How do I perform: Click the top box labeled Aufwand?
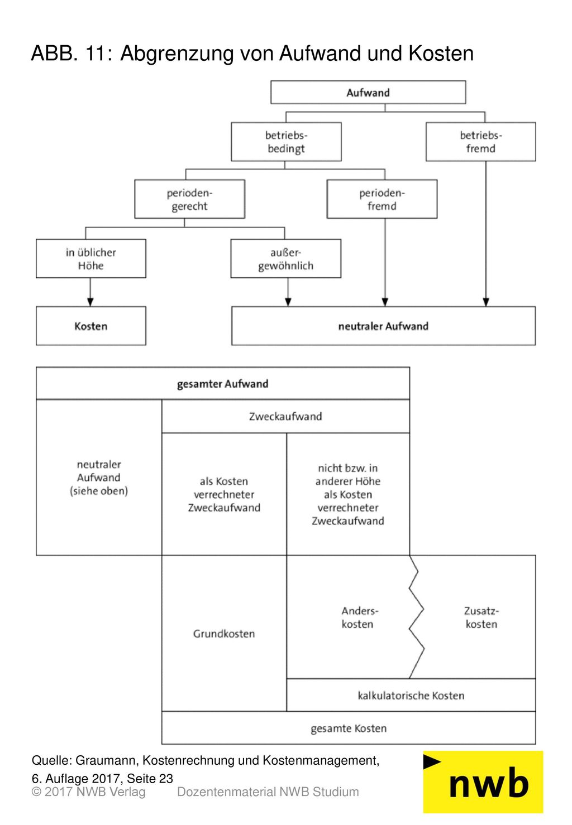tap(368, 92)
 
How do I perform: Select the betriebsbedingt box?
tap(286, 142)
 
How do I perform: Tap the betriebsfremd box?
tap(480, 142)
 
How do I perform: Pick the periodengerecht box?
tap(189, 199)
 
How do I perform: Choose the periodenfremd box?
tap(382, 199)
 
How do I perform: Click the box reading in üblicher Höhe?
tap(90, 259)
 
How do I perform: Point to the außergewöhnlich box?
tap(286, 259)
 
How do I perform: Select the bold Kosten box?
tap(90, 326)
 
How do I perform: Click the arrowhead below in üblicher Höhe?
tap(90, 302)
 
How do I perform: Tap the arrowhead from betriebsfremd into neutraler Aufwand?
tap(486, 302)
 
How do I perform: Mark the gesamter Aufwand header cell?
tap(223, 383)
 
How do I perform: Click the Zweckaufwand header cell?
tap(285, 416)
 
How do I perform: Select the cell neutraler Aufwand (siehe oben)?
tap(99, 477)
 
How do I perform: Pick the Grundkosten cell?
tap(224, 634)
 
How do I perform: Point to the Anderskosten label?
tap(357, 617)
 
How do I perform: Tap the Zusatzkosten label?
tap(482, 617)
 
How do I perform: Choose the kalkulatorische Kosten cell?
tap(411, 696)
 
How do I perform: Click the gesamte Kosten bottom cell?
tap(349, 728)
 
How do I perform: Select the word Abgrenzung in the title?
tap(177, 54)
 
